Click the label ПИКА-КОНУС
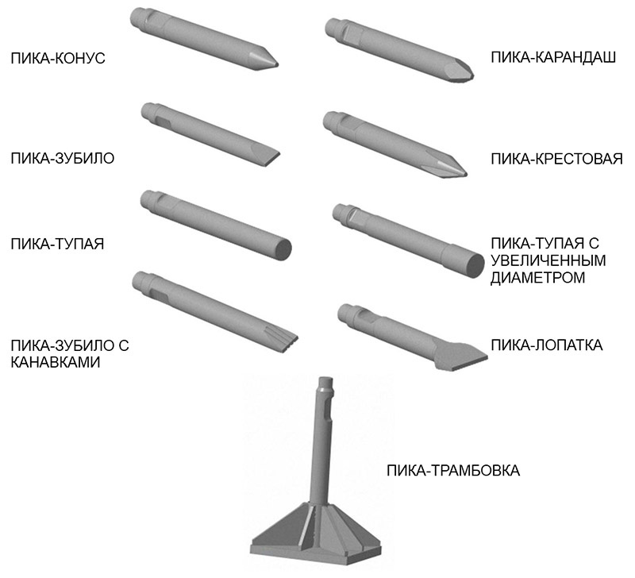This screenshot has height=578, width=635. pos(58,58)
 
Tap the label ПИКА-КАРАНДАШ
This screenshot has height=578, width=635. pos(553,57)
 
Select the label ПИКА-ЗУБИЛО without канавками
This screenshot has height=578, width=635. pos(63,158)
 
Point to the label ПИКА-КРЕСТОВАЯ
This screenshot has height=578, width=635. pos(557,159)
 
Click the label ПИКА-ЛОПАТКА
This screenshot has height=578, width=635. pos(547,345)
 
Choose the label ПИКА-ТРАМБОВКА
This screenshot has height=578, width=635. pos(453,471)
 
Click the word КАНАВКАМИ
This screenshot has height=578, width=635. pos(55,362)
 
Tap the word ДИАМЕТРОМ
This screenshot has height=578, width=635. pos(538,278)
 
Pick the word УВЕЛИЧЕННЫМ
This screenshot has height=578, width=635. pos(548,260)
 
